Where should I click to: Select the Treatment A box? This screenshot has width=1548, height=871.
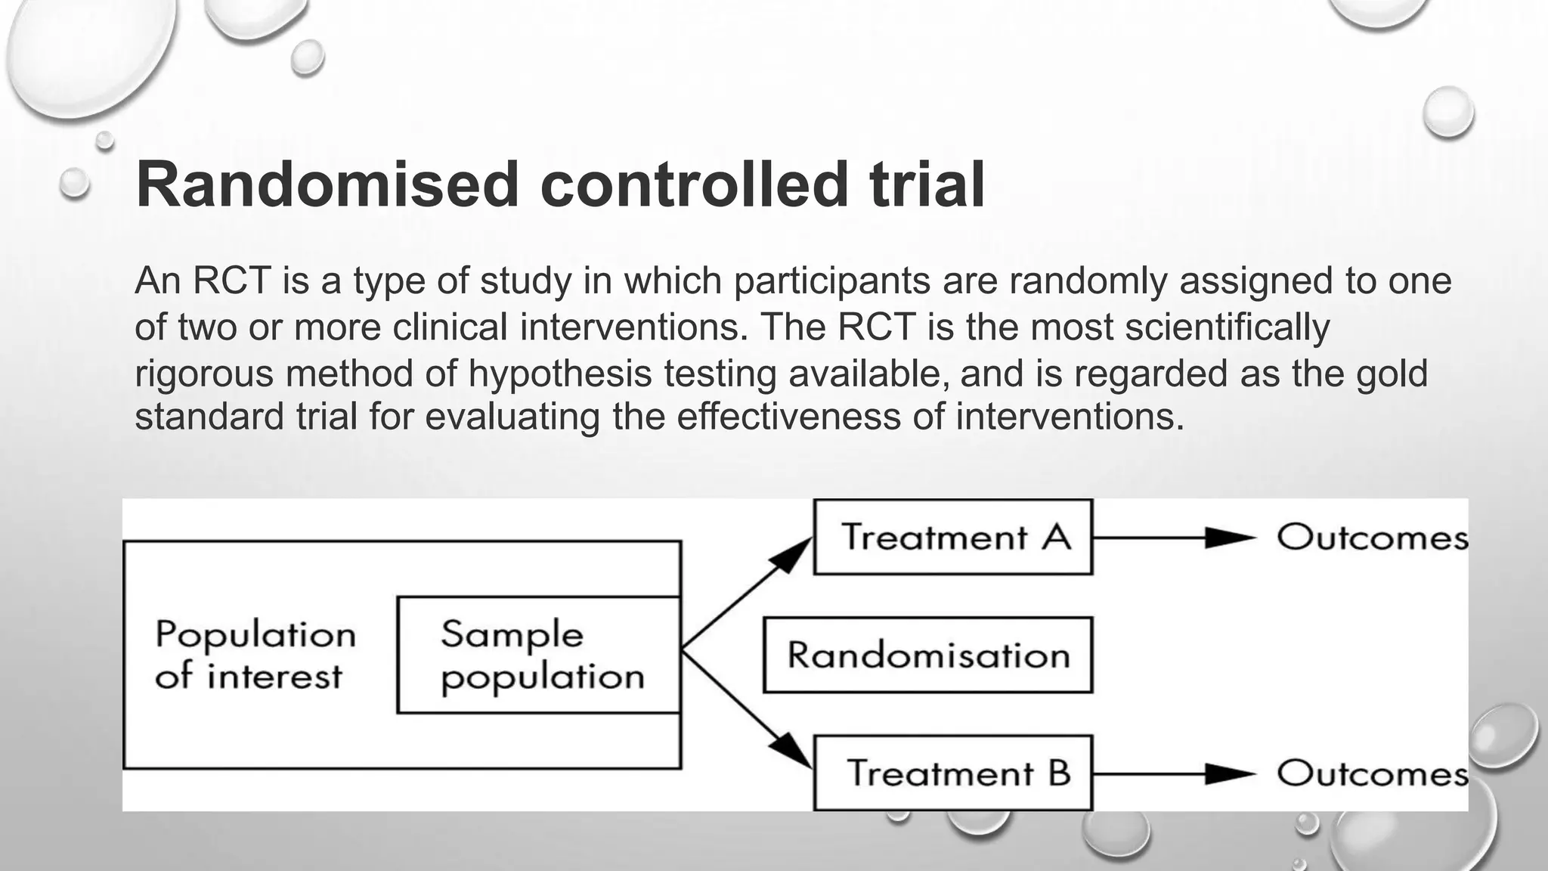tap(952, 538)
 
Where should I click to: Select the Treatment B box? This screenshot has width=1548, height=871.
tap(952, 773)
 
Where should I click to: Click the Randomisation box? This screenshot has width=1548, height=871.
tap(927, 655)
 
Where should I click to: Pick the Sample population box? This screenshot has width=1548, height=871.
tap(539, 655)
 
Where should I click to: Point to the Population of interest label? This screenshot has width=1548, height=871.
tap(255, 655)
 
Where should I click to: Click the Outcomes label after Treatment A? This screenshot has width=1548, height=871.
tap(1372, 538)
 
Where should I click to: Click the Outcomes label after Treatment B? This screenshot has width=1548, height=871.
tap(1372, 773)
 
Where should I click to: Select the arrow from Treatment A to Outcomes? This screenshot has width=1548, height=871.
tap(1172, 538)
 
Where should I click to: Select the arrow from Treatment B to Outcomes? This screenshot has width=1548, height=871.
tap(1172, 773)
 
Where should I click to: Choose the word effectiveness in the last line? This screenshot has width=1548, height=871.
tap(788, 417)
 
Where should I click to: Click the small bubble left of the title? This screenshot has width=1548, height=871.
tap(74, 183)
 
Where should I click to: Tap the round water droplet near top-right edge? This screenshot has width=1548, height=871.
tap(1447, 112)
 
